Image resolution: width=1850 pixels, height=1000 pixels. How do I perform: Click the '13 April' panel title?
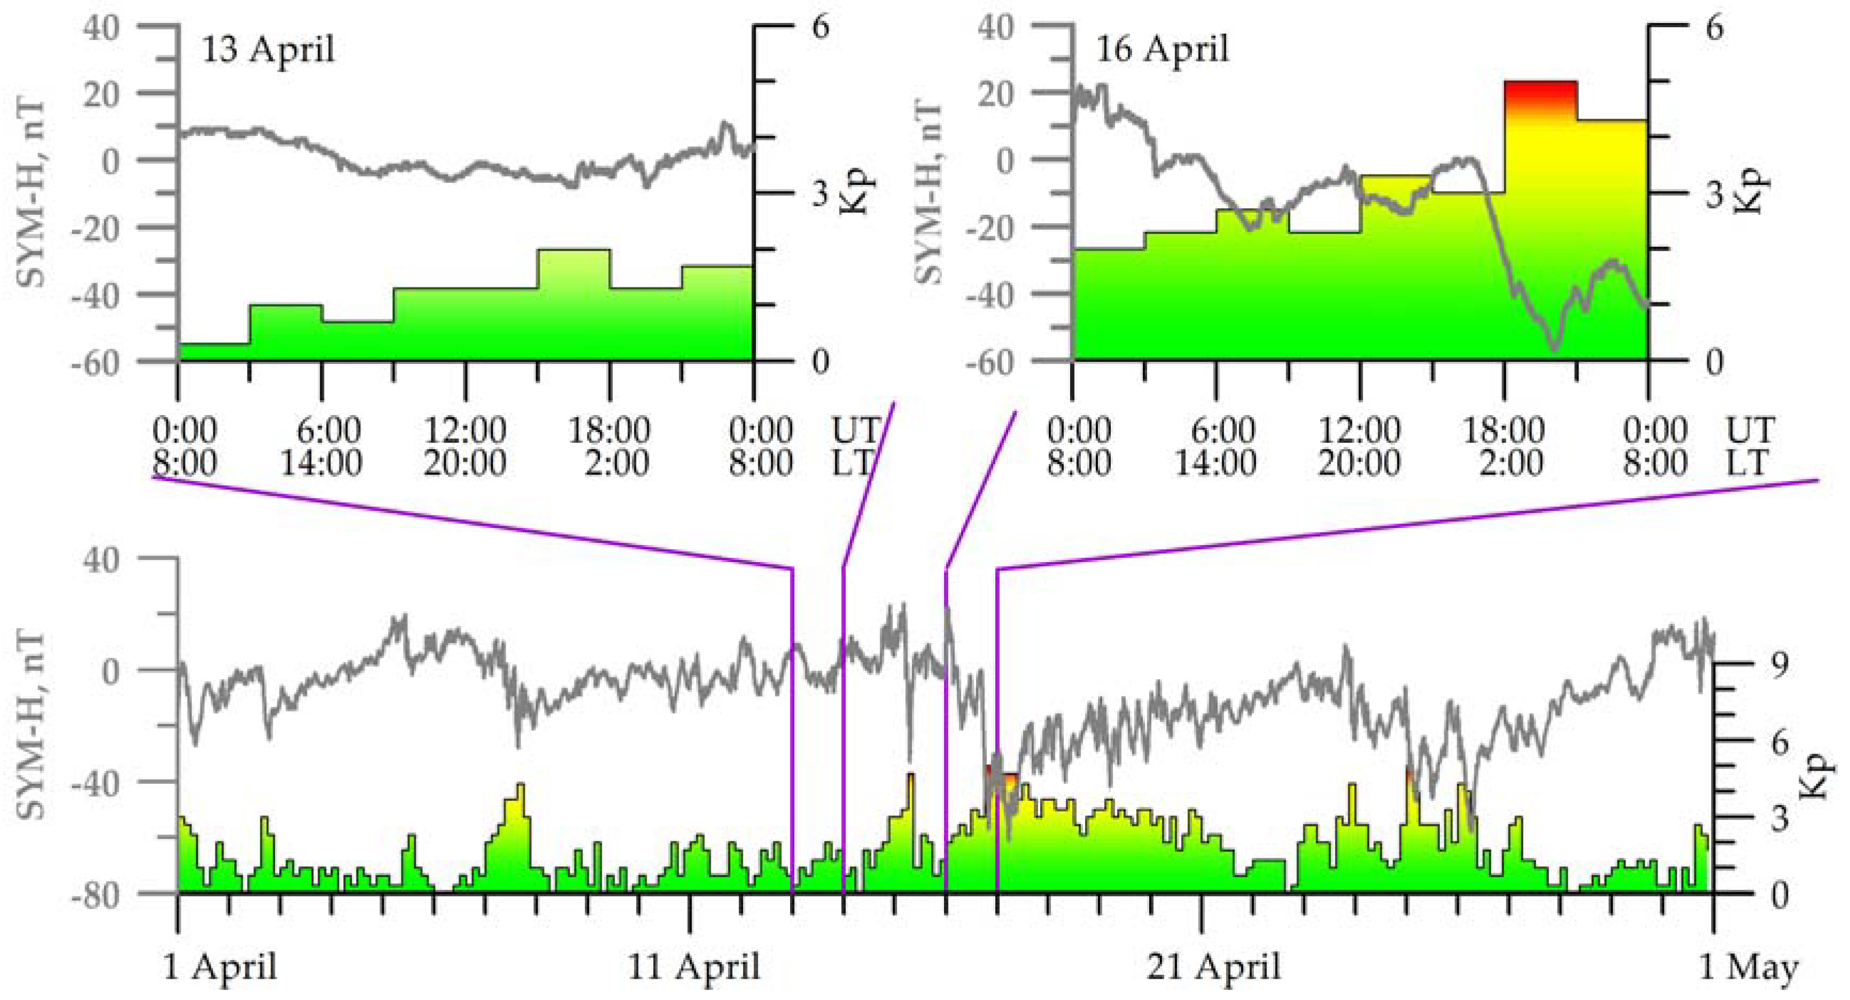pos(268,50)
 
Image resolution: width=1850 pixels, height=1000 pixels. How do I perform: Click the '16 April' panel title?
pos(1162,50)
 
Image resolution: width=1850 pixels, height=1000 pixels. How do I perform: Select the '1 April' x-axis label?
pos(220,967)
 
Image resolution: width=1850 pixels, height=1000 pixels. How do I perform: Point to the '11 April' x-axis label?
pos(694,967)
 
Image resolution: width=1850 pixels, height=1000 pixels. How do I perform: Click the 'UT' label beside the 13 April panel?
pos(855,431)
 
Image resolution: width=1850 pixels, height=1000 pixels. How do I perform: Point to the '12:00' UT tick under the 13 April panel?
pos(466,431)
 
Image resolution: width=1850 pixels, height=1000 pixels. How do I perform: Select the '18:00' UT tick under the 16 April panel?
pos(1504,431)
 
